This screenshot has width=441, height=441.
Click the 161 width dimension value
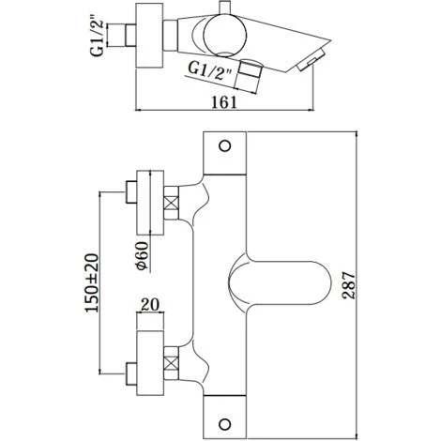point(224,102)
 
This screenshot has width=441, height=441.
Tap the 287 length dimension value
point(349,286)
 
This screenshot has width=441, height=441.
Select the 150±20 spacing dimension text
point(92,283)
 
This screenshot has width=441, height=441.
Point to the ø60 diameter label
point(142,255)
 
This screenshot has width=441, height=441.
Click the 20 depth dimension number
point(150,305)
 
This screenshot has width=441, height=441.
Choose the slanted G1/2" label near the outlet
point(210,71)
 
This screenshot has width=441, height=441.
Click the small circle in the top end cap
point(224,146)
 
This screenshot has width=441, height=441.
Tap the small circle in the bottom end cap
point(224,424)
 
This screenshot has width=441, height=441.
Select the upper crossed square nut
point(171,203)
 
